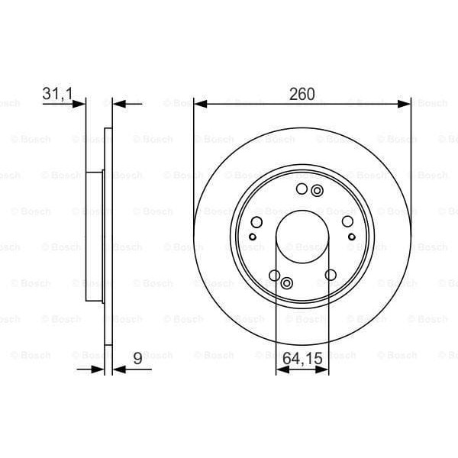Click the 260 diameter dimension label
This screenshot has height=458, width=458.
[x=302, y=94]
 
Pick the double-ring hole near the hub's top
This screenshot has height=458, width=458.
[x=318, y=191]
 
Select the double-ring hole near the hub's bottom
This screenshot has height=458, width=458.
[x=287, y=284]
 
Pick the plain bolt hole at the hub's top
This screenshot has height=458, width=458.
[x=302, y=189]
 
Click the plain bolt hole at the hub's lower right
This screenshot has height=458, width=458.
[x=331, y=275]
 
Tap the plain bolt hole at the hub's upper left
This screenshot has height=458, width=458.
[x=256, y=222]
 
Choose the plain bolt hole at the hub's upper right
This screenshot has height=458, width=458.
[x=347, y=221]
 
